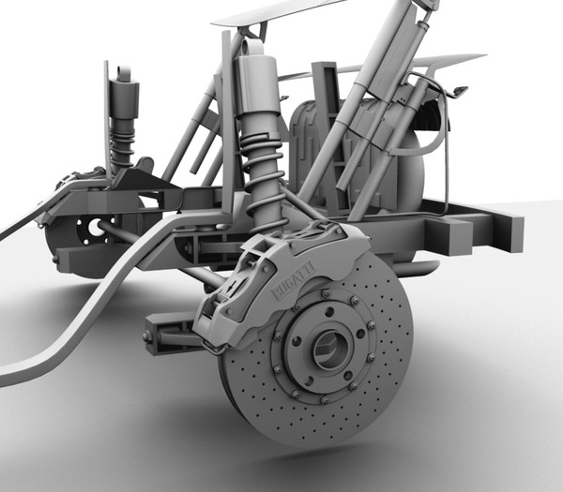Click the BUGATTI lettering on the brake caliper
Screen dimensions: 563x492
click(x=294, y=280)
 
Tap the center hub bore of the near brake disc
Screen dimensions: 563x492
click(x=330, y=349)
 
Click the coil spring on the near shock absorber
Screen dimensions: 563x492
click(x=264, y=178)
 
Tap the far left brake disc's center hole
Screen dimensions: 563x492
click(x=94, y=227)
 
